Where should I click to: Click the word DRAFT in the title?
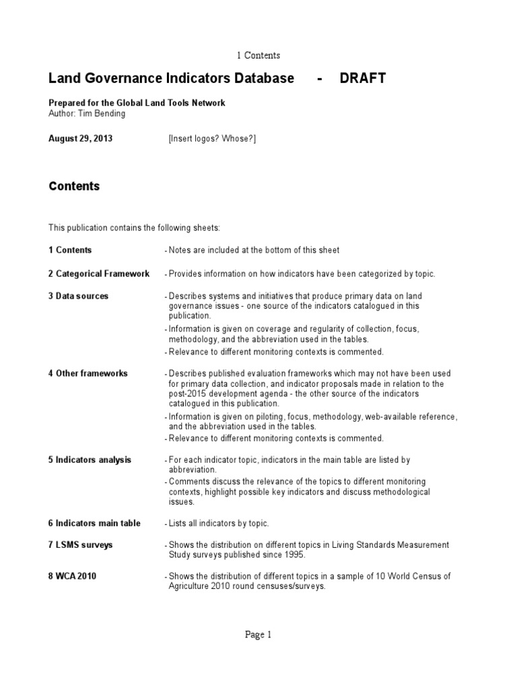[362, 78]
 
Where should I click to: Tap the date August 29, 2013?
[81, 139]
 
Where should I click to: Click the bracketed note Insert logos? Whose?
[212, 139]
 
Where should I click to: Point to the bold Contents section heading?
[74, 187]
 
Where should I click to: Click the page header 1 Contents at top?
[258, 55]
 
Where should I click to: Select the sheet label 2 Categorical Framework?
[99, 274]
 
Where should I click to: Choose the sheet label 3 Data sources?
[78, 296]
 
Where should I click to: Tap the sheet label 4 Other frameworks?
[88, 373]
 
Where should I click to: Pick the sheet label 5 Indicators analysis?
[90, 460]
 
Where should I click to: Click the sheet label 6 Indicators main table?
[94, 524]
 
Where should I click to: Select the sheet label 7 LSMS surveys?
[80, 545]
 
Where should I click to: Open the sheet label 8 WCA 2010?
[73, 576]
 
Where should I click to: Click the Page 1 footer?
[258, 634]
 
